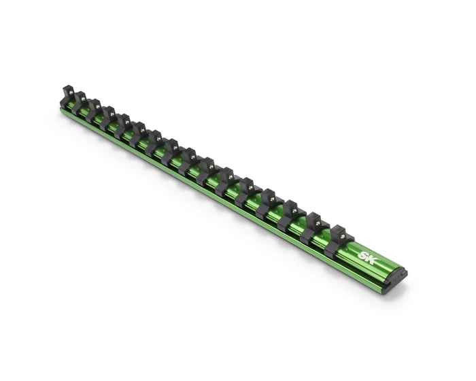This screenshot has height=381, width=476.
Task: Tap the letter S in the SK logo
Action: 362,256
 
